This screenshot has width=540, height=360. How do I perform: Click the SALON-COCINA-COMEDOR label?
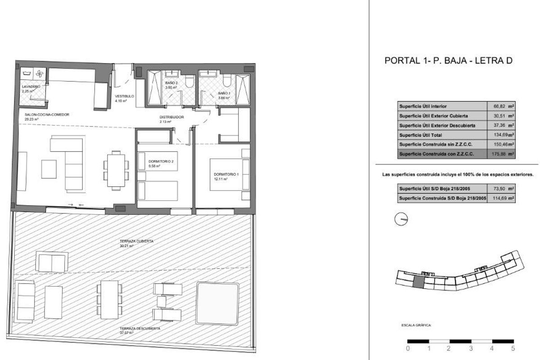click(x=47, y=115)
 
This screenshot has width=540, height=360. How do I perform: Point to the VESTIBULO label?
click(x=124, y=96)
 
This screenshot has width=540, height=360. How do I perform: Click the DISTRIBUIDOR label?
click(x=171, y=117)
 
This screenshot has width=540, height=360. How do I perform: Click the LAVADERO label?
click(x=31, y=86)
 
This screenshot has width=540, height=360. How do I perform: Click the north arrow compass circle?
click(x=400, y=219)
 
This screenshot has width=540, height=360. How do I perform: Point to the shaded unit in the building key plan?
click(x=418, y=282)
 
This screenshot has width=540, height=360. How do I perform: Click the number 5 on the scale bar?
click(x=513, y=348)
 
